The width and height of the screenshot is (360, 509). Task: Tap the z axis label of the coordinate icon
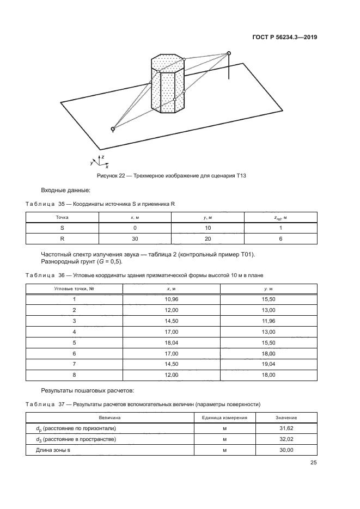point(103,156)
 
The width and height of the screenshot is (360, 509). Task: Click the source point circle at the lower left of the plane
point(113,129)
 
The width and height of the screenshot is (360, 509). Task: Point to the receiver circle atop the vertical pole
point(229,53)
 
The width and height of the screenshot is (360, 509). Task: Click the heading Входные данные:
point(66,190)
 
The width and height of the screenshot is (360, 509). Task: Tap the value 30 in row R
point(135,239)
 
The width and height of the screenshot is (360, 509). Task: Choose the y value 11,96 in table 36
point(269,321)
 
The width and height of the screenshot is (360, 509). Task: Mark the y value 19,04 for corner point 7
point(269,365)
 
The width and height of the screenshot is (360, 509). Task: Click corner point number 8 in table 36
point(74,376)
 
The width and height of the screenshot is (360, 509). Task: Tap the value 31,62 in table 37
point(286,428)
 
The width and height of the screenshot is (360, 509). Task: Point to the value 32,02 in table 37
point(286,439)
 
